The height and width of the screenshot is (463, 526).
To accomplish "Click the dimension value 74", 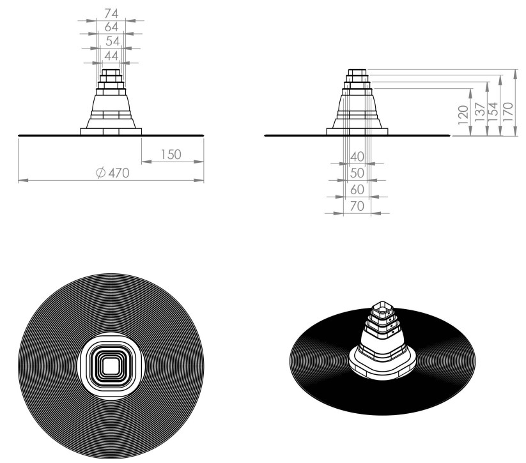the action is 111,13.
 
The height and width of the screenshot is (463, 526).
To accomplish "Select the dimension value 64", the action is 111,27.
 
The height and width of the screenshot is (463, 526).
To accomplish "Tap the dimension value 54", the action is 112,42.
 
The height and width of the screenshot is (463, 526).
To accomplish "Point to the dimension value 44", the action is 111,56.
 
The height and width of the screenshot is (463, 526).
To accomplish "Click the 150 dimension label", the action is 171,155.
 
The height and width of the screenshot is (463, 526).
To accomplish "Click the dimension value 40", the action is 357,156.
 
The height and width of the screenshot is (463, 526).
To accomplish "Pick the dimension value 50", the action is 357,173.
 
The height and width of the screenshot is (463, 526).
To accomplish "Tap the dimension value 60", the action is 357,190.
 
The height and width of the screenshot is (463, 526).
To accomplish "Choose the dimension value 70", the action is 357,206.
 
